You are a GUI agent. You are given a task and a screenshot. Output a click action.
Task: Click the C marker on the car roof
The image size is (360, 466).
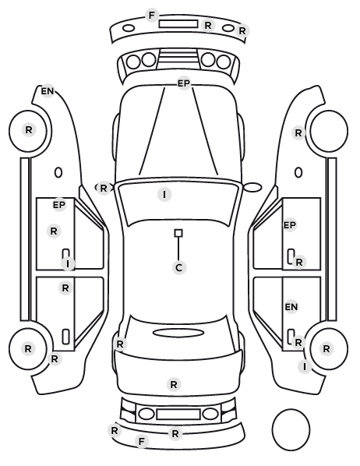[178, 267]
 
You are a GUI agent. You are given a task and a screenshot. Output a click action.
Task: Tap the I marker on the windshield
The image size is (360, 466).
[164, 195]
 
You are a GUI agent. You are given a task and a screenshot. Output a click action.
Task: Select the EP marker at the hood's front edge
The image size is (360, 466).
[184, 83]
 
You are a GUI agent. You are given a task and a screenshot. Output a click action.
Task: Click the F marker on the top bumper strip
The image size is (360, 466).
[152, 15]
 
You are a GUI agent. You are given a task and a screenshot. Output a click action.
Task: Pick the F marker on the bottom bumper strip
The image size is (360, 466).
[142, 441]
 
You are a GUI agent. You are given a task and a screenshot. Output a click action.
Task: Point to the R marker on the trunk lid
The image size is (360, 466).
[174, 385]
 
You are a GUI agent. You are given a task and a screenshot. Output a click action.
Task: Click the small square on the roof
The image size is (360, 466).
[178, 233]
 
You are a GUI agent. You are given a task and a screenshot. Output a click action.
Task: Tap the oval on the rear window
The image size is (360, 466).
[178, 333]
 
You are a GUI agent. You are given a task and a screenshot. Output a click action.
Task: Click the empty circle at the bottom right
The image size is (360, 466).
[291, 429]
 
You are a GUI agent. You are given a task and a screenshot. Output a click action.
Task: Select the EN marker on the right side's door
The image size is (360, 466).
[291, 307]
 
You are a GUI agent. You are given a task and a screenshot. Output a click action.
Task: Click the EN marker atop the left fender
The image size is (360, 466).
[48, 91]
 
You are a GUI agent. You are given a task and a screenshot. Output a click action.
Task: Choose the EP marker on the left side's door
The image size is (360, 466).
[59, 205]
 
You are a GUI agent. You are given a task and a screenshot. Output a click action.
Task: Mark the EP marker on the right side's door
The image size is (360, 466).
[290, 225]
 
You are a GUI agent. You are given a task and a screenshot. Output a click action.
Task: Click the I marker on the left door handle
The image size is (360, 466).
[68, 263]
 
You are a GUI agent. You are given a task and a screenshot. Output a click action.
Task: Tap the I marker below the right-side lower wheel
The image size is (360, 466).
[305, 367]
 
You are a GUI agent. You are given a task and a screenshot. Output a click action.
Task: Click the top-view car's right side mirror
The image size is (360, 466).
[252, 187]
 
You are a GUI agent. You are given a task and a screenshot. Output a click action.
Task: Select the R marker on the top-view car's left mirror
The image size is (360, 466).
[103, 188]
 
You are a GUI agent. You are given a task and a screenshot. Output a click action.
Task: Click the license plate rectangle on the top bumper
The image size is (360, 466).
[178, 24]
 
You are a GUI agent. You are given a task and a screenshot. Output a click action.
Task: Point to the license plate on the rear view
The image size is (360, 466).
[178, 415]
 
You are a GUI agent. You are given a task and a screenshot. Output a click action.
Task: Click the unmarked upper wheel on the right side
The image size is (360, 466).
[329, 131]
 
